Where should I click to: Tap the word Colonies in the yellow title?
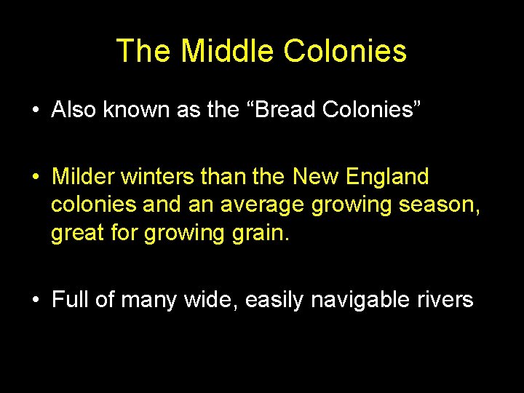click(x=345, y=52)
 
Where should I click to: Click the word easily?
click(x=274, y=300)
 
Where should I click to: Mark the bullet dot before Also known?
click(x=35, y=111)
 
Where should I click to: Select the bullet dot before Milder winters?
click(x=35, y=177)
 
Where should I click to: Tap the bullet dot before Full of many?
click(x=35, y=301)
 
